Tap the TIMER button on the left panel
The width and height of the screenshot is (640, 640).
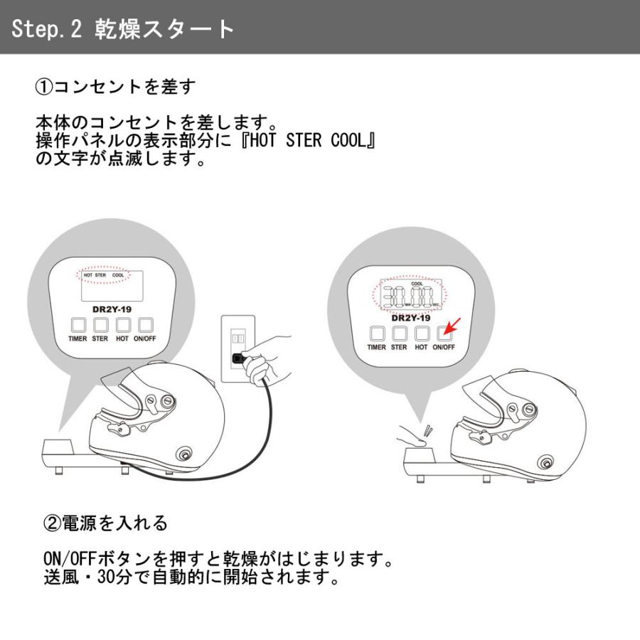[78, 326]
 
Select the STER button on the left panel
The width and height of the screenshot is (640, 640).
[100, 326]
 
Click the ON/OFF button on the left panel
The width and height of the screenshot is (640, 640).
[145, 326]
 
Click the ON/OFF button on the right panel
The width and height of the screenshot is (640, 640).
[444, 332]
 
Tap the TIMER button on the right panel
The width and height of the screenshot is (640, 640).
[377, 333]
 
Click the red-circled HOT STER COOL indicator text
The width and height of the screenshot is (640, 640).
[104, 274]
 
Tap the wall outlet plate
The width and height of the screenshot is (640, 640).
[238, 348]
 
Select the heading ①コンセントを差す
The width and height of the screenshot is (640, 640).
[114, 88]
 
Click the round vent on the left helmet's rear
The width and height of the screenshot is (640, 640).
[186, 454]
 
